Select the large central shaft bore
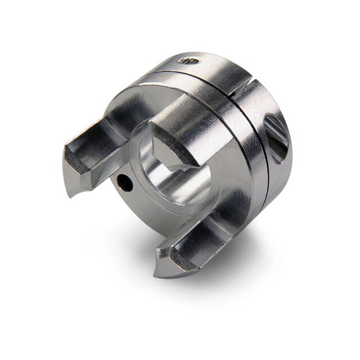(x=169, y=169)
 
